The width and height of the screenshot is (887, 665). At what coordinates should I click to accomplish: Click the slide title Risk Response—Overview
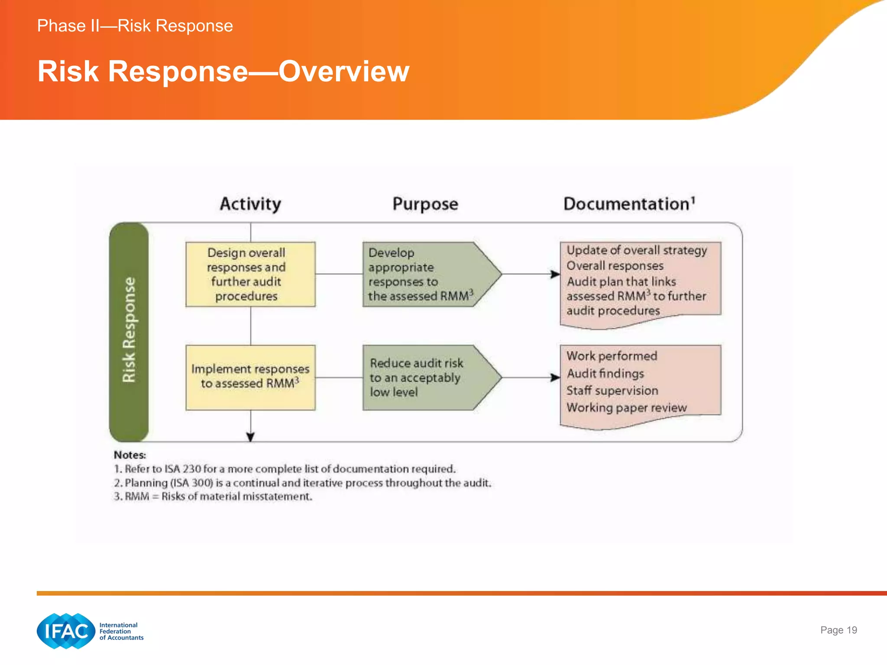pyautogui.click(x=223, y=71)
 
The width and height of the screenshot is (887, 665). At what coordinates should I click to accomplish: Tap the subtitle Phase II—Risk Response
pyautogui.click(x=135, y=26)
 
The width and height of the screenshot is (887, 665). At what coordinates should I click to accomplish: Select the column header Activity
pyautogui.click(x=250, y=204)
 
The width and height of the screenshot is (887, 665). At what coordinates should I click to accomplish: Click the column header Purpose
pyautogui.click(x=425, y=204)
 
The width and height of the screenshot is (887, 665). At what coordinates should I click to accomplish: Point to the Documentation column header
pyautogui.click(x=629, y=204)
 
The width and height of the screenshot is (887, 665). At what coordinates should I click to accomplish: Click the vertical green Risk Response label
pyautogui.click(x=129, y=331)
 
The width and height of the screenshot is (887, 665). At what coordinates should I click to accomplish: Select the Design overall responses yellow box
pyautogui.click(x=250, y=274)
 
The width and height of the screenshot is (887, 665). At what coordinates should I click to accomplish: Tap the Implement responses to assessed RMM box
pyautogui.click(x=250, y=377)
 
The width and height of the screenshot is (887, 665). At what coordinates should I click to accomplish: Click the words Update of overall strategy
pyautogui.click(x=637, y=250)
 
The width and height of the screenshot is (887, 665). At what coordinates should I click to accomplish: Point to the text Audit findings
pyautogui.click(x=605, y=373)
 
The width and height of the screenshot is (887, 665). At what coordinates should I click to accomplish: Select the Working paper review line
pyautogui.click(x=626, y=407)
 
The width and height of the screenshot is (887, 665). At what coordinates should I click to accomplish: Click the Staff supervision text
pyautogui.click(x=612, y=391)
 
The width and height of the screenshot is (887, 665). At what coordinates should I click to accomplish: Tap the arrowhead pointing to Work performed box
pyautogui.click(x=555, y=378)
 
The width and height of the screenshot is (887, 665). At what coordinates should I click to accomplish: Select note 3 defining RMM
pyautogui.click(x=213, y=497)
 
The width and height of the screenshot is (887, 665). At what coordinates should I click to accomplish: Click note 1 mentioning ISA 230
pyautogui.click(x=285, y=469)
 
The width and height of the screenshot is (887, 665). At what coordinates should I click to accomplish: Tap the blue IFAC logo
pyautogui.click(x=66, y=631)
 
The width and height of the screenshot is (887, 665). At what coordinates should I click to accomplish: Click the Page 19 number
pyautogui.click(x=838, y=630)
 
